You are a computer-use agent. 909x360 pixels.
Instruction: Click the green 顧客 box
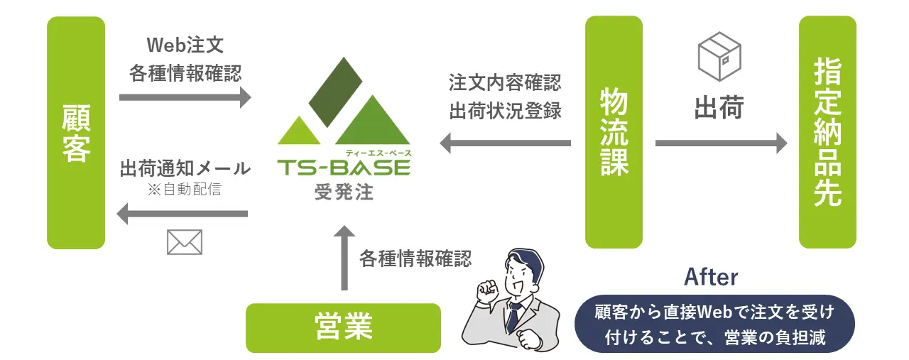[x=76, y=132]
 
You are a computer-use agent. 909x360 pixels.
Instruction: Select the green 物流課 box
[x=614, y=132]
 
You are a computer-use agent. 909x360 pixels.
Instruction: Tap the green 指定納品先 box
[x=827, y=132]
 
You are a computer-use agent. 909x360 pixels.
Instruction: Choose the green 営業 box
[x=343, y=327]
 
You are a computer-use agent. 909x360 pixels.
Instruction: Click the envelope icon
[x=185, y=242]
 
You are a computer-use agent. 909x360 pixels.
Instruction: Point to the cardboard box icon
[x=719, y=56]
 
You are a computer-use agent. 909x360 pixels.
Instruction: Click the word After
[x=711, y=277]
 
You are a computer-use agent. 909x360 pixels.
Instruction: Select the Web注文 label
[x=185, y=45]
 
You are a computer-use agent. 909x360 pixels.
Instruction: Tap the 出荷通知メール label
[x=185, y=168]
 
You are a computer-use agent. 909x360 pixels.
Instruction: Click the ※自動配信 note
[x=185, y=189]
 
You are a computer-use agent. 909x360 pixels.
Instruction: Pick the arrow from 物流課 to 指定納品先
[x=721, y=143]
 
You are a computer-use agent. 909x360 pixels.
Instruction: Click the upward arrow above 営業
[x=344, y=258]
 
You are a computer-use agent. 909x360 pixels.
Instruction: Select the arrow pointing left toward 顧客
[x=183, y=214]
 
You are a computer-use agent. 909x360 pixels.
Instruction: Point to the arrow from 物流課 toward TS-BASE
[x=505, y=143]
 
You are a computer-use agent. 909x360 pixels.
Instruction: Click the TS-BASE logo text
[x=344, y=168]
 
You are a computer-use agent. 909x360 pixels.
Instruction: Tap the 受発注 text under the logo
[x=344, y=192]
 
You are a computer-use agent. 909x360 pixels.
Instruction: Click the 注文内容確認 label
[x=505, y=82]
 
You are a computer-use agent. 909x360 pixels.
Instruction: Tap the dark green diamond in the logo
[x=336, y=92]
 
